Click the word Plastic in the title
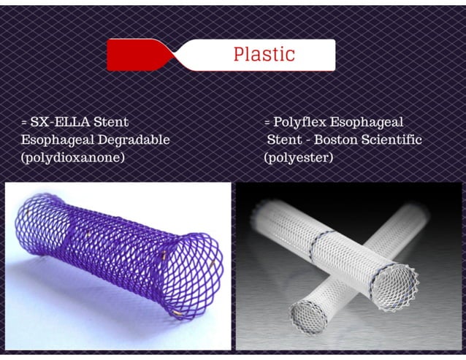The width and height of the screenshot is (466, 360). [264, 54]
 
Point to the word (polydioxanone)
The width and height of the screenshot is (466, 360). [69, 157]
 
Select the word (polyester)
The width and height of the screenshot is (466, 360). [299, 157]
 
